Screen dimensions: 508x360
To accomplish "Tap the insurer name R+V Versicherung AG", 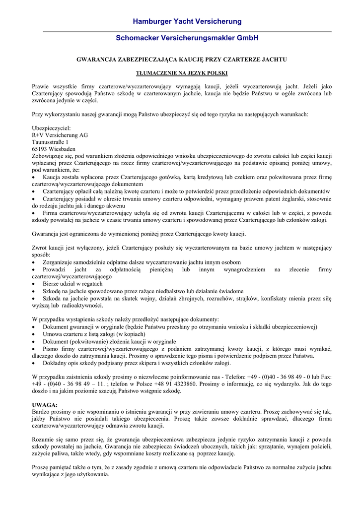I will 60,135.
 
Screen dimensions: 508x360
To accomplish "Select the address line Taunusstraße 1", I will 50,142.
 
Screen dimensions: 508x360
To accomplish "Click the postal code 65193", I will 40,149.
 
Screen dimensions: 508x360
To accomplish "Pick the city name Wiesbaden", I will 63,149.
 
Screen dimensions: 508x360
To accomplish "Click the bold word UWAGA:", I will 45,405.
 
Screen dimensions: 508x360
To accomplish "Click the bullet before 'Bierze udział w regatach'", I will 34,284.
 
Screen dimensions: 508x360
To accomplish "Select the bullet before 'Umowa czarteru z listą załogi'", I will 34,335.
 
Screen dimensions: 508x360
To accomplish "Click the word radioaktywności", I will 84,306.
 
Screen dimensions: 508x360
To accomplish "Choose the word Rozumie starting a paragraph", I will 43,440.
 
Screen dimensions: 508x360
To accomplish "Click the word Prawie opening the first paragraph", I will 41,86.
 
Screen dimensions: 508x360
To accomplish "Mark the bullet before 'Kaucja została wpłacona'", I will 34,177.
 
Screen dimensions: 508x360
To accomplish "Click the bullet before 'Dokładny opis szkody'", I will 34,363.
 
